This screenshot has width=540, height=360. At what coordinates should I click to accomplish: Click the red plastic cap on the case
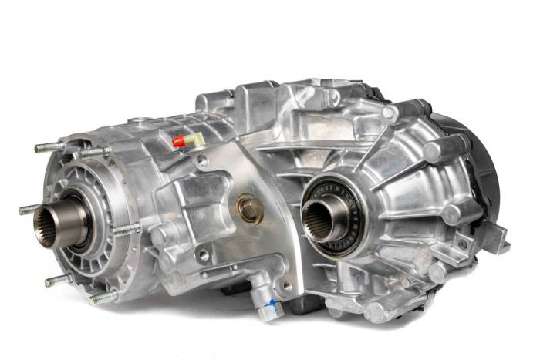pyautogui.click(x=178, y=141)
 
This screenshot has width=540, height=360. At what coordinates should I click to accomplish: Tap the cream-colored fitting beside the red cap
pyautogui.click(x=190, y=138)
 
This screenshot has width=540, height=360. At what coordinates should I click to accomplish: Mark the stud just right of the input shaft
pyautogui.click(x=124, y=229)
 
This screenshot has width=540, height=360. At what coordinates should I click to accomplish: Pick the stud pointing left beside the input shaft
pyautogui.click(x=26, y=210)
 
